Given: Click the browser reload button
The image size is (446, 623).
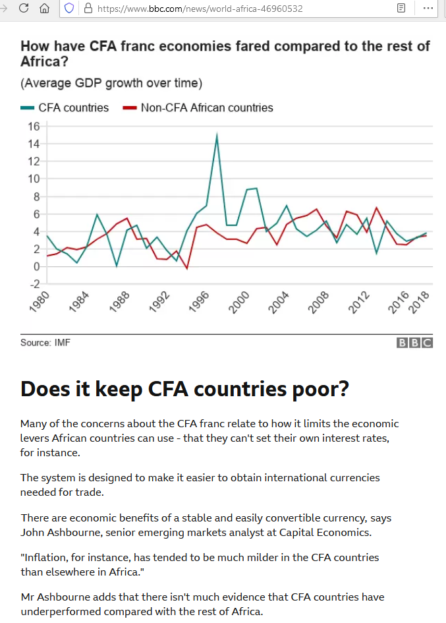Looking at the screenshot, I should click(x=24, y=9).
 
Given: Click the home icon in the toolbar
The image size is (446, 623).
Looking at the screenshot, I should click(x=44, y=9).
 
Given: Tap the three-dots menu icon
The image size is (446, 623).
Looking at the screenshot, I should click(x=428, y=9).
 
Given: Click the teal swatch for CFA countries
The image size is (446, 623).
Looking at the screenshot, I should click(x=28, y=107).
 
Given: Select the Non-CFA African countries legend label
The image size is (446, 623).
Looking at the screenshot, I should click(x=207, y=107).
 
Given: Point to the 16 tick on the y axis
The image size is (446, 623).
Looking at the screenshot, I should click(x=34, y=126).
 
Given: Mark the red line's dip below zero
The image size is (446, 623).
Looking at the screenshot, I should click(x=187, y=268).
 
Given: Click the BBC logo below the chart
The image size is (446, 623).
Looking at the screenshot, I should click(x=414, y=343).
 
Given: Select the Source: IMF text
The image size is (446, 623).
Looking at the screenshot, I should click(x=45, y=343).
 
